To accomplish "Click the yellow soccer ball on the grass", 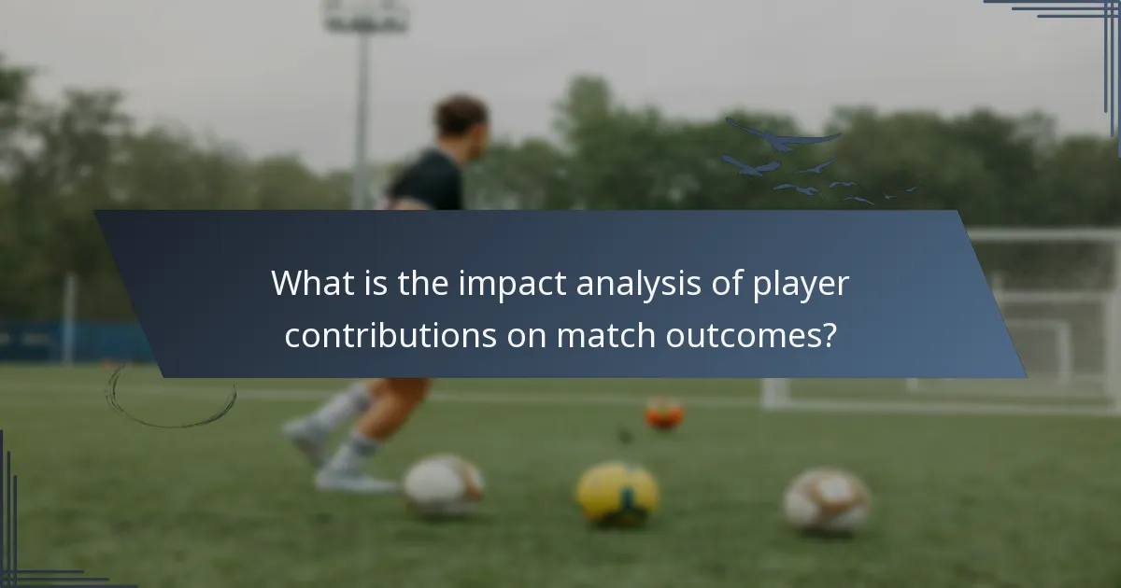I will click(617, 492).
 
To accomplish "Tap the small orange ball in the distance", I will click(663, 413).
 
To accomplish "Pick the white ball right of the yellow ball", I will click(827, 499).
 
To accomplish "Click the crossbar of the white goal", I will click(1043, 234).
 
